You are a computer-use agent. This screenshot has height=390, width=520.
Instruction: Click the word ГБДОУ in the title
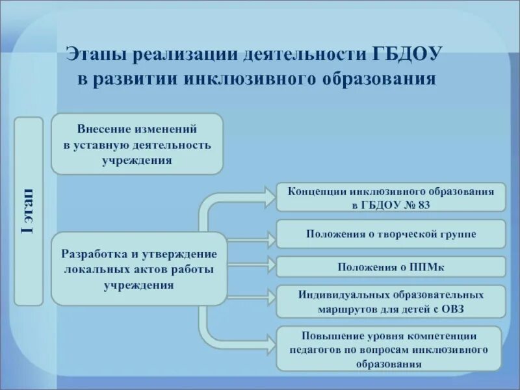408,53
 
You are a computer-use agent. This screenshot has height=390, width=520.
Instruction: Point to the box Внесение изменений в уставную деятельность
137,144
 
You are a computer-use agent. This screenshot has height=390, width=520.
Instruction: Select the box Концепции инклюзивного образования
391,197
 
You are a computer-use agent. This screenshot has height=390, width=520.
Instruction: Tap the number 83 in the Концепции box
423,204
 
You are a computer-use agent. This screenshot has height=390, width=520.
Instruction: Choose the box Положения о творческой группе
391,234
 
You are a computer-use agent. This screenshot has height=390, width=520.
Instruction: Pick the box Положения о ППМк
391,266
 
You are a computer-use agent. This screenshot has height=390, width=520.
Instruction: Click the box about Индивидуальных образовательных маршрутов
391,302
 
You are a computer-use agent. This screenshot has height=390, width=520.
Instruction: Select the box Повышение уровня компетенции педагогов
390,349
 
